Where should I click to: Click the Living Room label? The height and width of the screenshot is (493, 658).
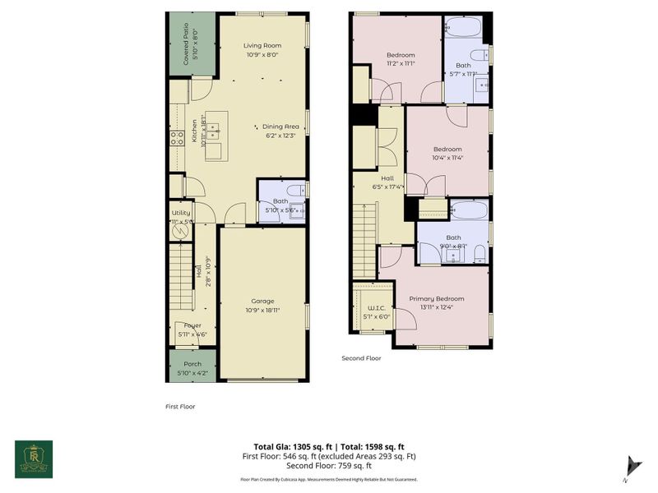pyautogui.click(x=262, y=45)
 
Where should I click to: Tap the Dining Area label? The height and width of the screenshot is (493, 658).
pyautogui.click(x=280, y=126)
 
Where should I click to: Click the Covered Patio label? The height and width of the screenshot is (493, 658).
pyautogui.click(x=185, y=44)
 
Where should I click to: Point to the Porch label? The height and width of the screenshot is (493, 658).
pyautogui.click(x=192, y=364)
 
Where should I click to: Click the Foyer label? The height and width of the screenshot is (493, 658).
pyautogui.click(x=192, y=325)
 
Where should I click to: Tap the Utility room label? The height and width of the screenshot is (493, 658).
pyautogui.click(x=181, y=213)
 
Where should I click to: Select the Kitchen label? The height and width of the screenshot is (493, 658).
pyautogui.click(x=195, y=132)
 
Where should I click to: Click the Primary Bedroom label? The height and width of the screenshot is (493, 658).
pyautogui.click(x=437, y=298)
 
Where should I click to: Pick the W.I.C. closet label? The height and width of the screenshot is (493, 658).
pyautogui.click(x=373, y=308)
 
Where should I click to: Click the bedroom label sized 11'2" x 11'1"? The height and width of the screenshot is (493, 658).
pyautogui.click(x=401, y=55)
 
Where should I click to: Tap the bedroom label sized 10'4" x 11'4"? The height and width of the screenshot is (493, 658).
pyautogui.click(x=447, y=149)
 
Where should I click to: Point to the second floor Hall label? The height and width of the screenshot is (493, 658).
pyautogui.click(x=387, y=177)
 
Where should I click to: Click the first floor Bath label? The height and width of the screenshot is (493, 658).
pyautogui.click(x=280, y=201)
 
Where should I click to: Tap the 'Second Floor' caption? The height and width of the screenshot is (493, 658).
pyautogui.click(x=362, y=357)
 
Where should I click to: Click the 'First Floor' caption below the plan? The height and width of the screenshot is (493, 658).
pyautogui.click(x=180, y=406)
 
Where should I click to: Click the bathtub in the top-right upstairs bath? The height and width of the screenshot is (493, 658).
pyautogui.click(x=462, y=30)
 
